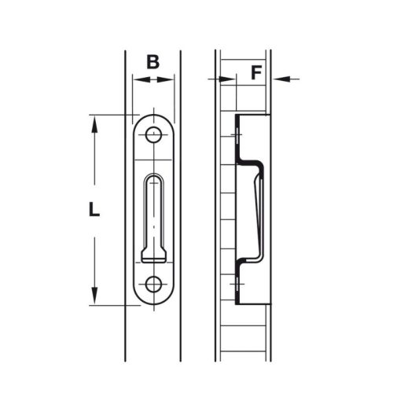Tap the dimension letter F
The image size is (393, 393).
(x=255, y=73)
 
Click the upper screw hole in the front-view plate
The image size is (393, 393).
(x=153, y=136)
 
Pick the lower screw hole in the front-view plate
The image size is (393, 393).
(x=153, y=284)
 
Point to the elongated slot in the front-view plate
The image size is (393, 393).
(x=153, y=212)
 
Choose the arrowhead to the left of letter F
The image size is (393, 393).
(x=232, y=79)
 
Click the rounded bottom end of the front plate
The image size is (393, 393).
(x=153, y=303)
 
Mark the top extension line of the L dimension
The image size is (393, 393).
(x=110, y=116)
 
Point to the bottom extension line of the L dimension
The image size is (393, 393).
(x=110, y=305)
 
